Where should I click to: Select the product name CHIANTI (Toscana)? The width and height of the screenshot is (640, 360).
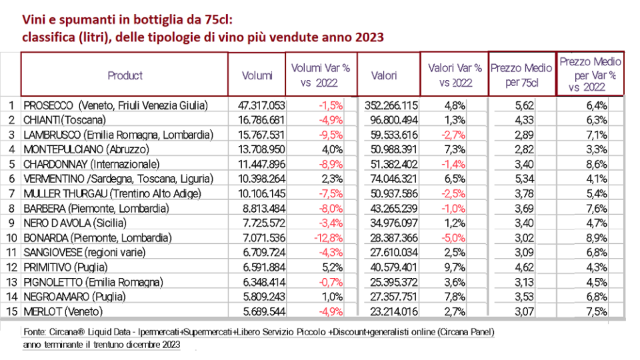(x=65, y=120)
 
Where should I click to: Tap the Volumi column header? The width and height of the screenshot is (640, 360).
(x=257, y=75)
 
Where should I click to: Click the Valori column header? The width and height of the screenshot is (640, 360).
(x=385, y=75)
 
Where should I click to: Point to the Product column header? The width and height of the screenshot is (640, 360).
(x=125, y=75)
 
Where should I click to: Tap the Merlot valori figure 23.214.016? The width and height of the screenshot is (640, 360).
(x=392, y=311)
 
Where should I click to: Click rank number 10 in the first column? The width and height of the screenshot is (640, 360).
(x=10, y=237)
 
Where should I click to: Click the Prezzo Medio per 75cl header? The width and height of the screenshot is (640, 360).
(x=521, y=75)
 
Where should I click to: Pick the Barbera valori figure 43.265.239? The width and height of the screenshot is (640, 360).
(x=392, y=208)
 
